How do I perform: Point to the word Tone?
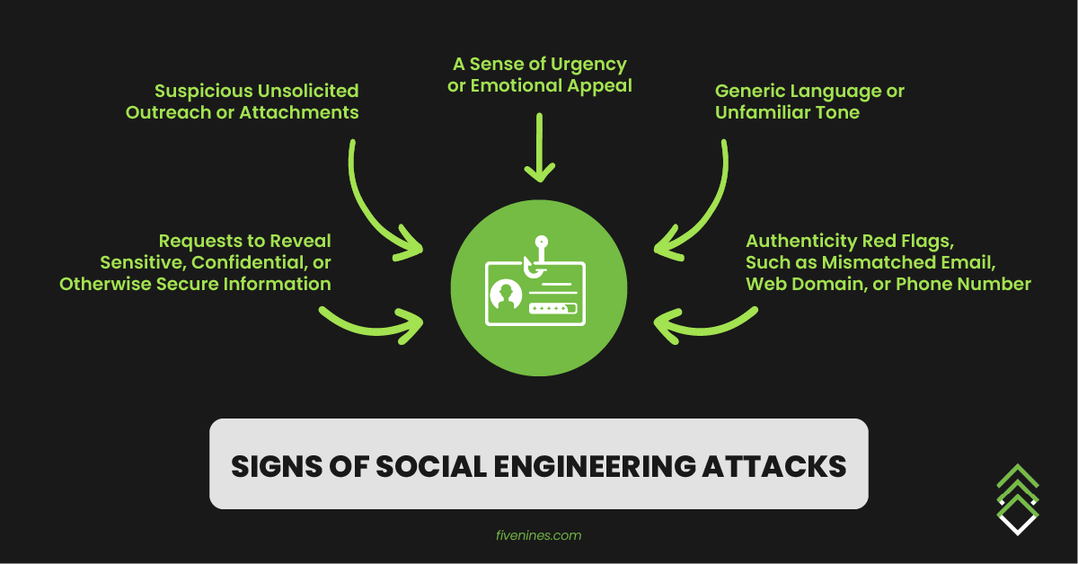837,112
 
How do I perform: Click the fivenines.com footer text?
538,535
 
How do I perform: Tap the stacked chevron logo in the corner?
1018,498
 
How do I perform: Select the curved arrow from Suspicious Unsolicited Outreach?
377,211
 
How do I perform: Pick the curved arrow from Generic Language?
701,211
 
